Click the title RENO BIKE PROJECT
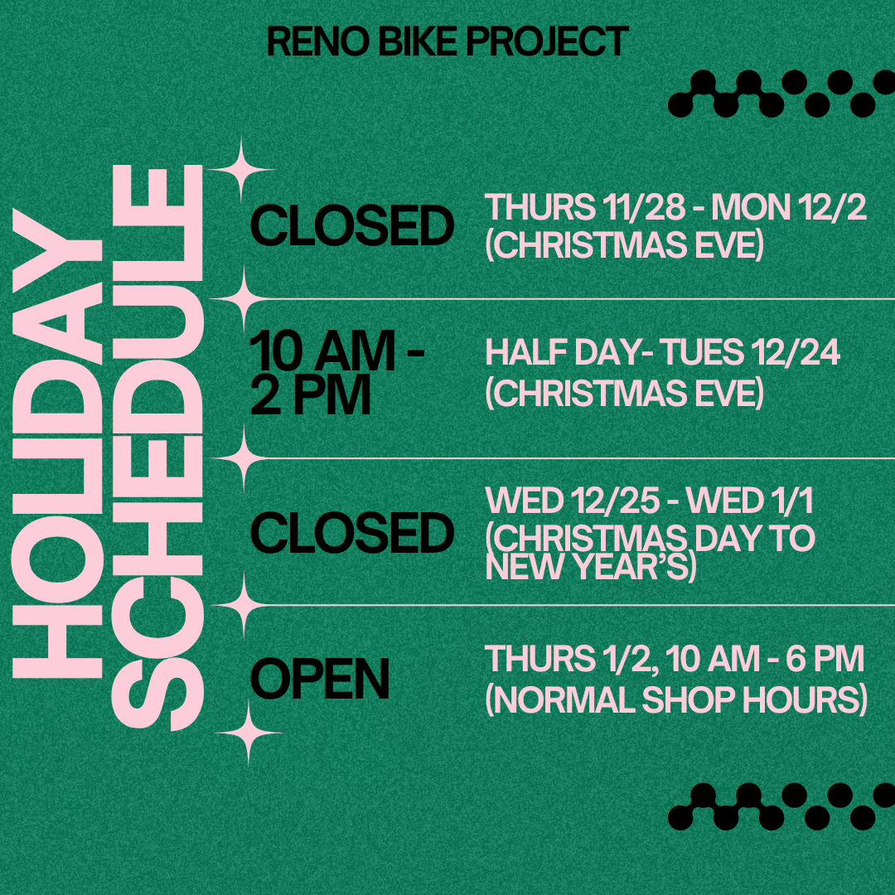tap(447, 41)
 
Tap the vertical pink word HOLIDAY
tap(57, 443)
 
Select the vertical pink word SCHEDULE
tap(158, 447)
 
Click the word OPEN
tap(320, 679)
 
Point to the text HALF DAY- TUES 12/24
tap(662, 352)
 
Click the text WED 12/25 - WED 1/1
tap(649, 501)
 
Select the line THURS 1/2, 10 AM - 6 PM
tap(674, 659)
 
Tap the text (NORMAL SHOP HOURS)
tap(676, 699)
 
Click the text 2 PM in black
tap(311, 395)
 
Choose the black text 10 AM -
tap(337, 351)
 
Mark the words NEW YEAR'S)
tap(591, 567)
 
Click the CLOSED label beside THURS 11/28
tap(352, 226)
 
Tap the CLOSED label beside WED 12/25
tap(352, 532)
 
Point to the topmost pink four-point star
tap(241, 170)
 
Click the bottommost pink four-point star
tap(249, 733)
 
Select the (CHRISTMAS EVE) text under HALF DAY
tap(625, 394)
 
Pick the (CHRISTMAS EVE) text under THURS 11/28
tap(625, 245)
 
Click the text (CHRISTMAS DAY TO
tap(651, 539)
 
